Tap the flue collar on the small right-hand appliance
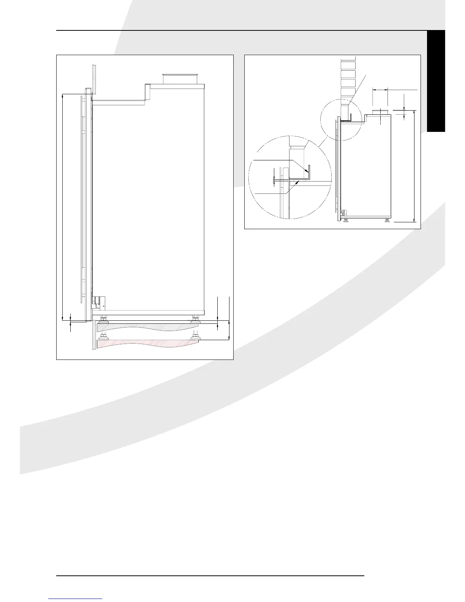(380, 111)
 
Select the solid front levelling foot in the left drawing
(102, 318)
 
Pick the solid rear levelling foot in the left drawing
(195, 318)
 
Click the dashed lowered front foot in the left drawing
(102, 336)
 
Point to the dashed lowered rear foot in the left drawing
(195, 336)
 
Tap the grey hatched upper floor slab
(148, 326)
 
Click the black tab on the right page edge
(436, 81)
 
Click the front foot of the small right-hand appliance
(346, 220)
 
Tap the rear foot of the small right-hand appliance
(387, 220)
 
